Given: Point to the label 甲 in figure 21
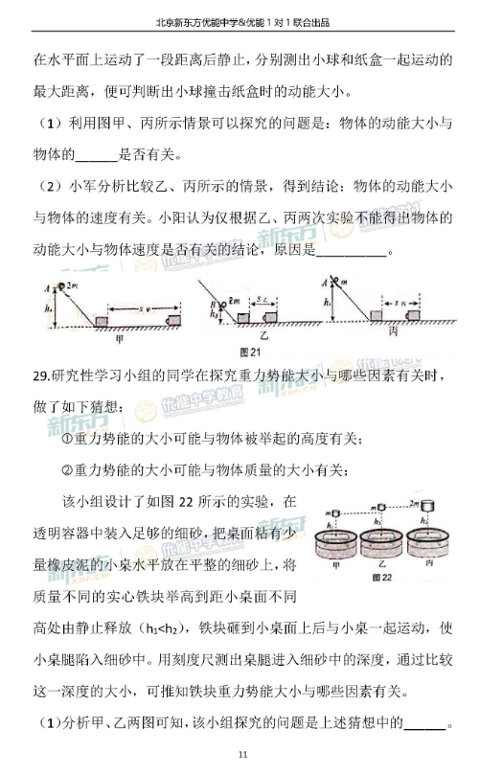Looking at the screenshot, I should (x=119, y=337).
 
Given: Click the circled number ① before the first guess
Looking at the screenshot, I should (x=67, y=440).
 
